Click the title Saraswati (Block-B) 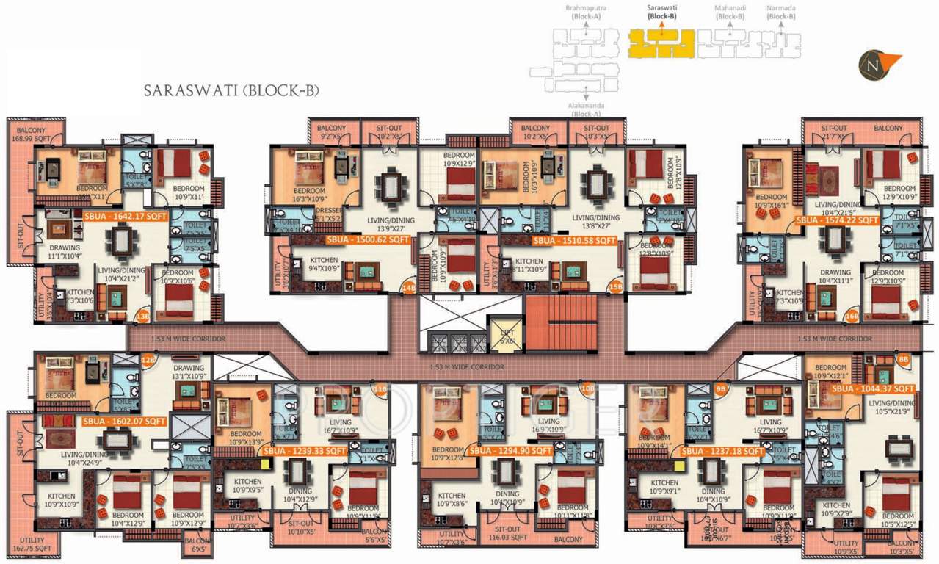click(231, 91)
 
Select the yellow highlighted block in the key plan click(661, 43)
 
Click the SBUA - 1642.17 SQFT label click(126, 217)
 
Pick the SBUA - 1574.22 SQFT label click(837, 220)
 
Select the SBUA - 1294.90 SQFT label click(510, 450)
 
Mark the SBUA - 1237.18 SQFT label click(722, 451)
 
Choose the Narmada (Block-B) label click(781, 11)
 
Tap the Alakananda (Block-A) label click(587, 110)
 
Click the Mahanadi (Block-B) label click(730, 11)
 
